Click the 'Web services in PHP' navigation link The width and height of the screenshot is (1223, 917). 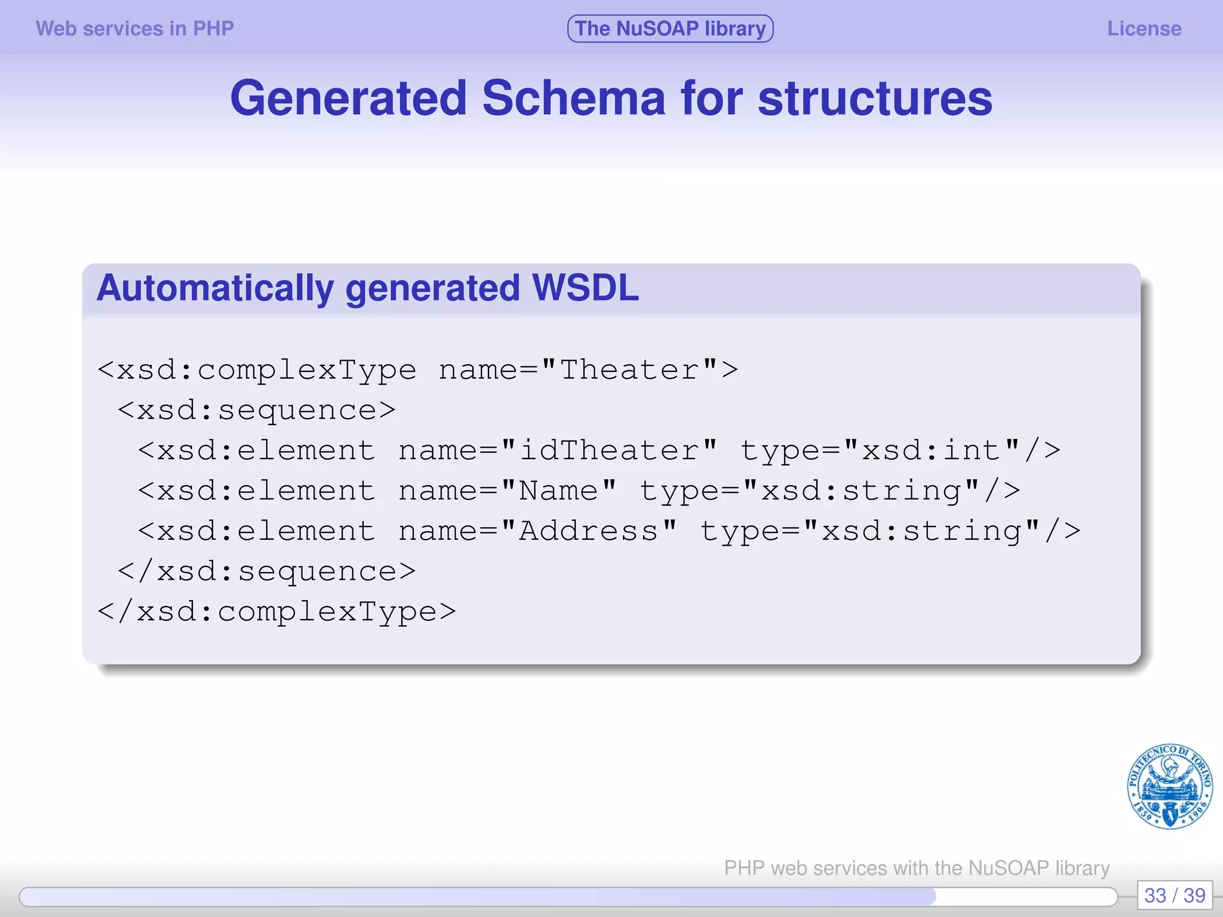click(x=134, y=29)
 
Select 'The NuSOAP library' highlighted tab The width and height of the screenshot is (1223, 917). click(x=670, y=29)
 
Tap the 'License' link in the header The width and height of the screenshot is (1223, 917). click(x=1144, y=29)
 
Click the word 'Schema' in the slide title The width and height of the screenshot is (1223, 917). click(x=573, y=99)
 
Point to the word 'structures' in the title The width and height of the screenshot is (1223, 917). click(x=875, y=99)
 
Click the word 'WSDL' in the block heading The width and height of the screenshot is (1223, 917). click(x=585, y=288)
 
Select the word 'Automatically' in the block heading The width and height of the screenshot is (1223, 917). click(x=215, y=288)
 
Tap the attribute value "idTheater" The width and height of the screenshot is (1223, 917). click(x=609, y=451)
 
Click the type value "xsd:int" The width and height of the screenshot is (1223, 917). click(x=932, y=451)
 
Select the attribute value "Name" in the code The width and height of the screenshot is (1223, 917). click(x=558, y=491)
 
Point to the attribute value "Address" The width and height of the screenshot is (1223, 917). click(x=589, y=531)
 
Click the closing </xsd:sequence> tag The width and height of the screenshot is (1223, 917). click(x=266, y=572)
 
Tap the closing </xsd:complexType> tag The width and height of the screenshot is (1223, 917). click(x=276, y=612)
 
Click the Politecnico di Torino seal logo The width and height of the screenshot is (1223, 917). click(x=1169, y=787)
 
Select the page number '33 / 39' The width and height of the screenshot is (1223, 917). click(x=1174, y=896)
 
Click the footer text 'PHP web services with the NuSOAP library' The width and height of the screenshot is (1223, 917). click(x=917, y=867)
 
